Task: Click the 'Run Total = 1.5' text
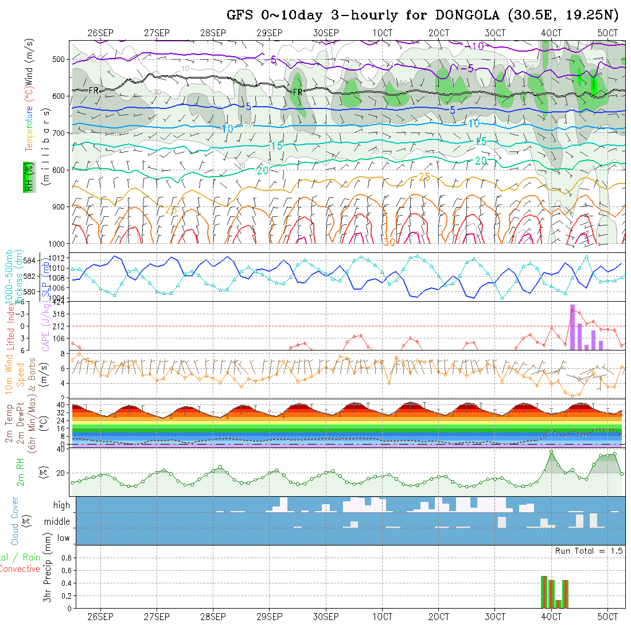(x=589, y=551)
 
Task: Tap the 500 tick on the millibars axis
(x=60, y=59)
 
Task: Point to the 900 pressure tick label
(x=60, y=207)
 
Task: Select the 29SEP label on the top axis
(x=269, y=33)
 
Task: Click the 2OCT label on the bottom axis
(x=438, y=617)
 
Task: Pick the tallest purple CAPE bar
(x=572, y=327)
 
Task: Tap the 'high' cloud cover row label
(x=61, y=505)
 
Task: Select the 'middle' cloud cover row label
(x=57, y=522)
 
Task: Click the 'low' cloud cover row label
(x=63, y=538)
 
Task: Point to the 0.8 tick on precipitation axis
(x=66, y=558)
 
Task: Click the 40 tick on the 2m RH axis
(x=61, y=450)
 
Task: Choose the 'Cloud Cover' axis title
(x=15, y=521)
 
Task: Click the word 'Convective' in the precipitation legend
(x=20, y=569)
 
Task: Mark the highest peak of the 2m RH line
(x=551, y=451)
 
